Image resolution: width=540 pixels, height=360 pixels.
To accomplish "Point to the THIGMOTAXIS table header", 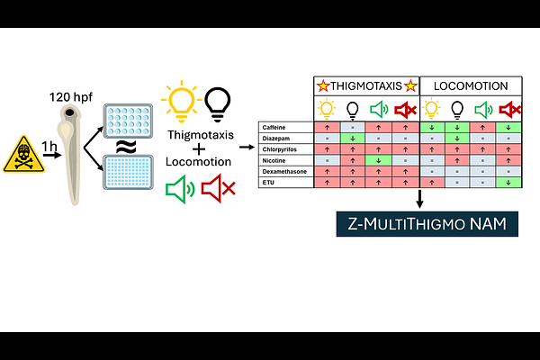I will click(366, 86).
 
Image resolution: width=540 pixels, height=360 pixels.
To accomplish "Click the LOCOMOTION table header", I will click(472, 86).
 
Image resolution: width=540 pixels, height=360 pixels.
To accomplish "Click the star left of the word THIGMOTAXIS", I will click(321, 86).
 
